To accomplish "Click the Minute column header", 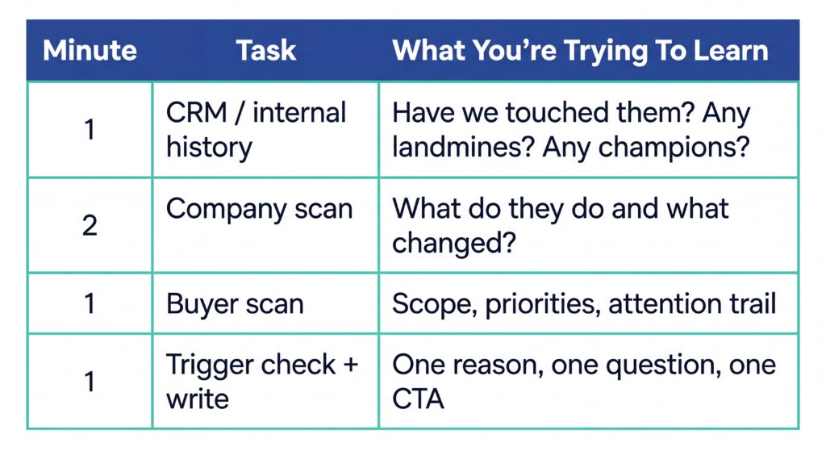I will pyautogui.click(x=89, y=51).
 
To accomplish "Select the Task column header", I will pyautogui.click(x=265, y=51).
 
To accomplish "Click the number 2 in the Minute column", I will pyautogui.click(x=90, y=224).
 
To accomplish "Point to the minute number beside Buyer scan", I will pyautogui.click(x=90, y=303).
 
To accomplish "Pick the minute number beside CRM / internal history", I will pyautogui.click(x=90, y=129).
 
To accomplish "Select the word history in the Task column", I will pyautogui.click(x=209, y=148).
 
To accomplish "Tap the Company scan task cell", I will pyautogui.click(x=259, y=209).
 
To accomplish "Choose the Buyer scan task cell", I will pyautogui.click(x=235, y=303).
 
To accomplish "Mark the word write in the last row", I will pyautogui.click(x=198, y=399).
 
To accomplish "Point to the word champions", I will pyautogui.click(x=686, y=148).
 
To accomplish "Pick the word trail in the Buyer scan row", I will pyautogui.click(x=749, y=303).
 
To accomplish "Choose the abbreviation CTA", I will pyautogui.click(x=418, y=399).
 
